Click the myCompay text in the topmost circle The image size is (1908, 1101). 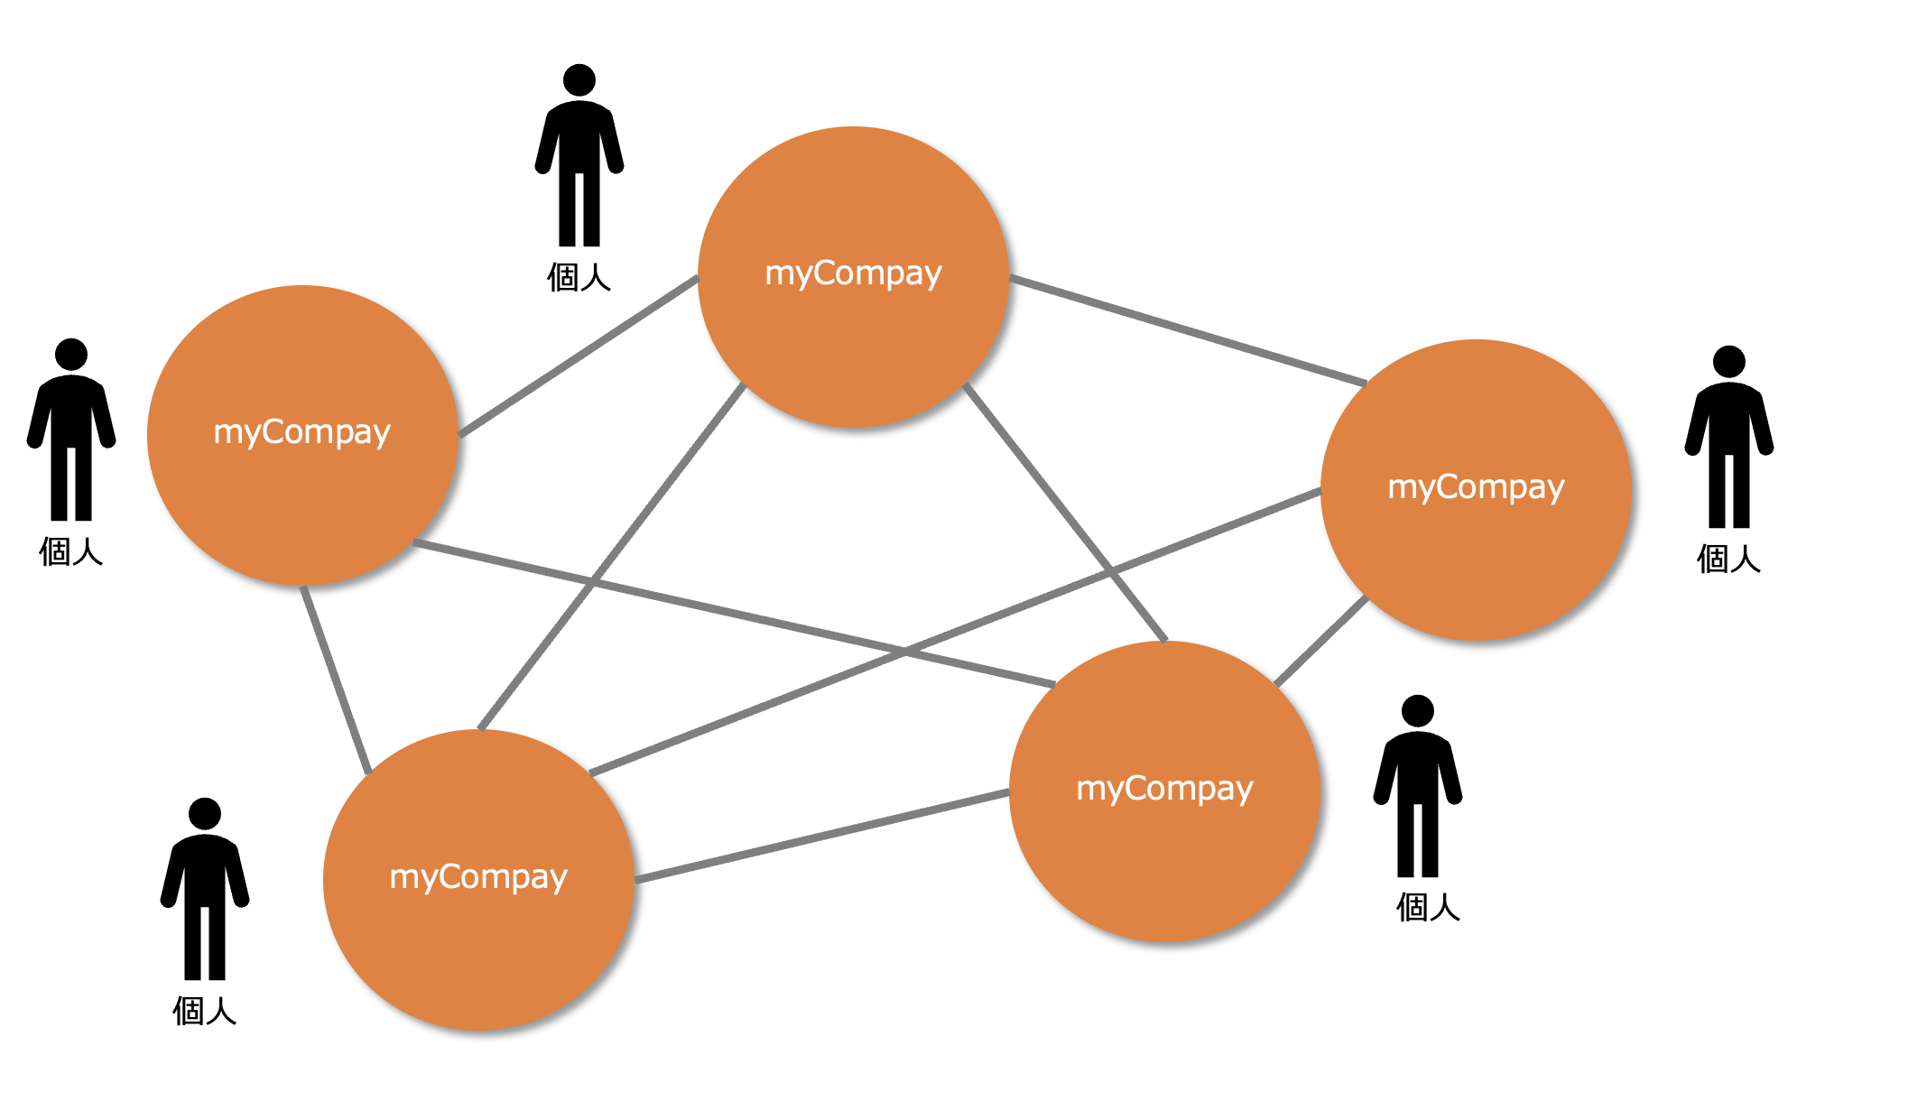853,273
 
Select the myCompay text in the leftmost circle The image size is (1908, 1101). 301,432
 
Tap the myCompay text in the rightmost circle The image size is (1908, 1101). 1476,487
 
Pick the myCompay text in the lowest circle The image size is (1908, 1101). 478,877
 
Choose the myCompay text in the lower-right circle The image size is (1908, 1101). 1164,789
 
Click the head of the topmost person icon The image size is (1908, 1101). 579,80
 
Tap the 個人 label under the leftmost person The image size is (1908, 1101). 71,551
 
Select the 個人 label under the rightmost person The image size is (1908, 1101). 1728,559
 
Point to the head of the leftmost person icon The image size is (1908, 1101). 71,355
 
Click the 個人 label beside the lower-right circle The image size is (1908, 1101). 1428,907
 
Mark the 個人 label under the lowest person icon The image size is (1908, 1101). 205,1011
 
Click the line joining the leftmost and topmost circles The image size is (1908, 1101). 579,356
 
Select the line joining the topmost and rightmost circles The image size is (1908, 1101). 1188,330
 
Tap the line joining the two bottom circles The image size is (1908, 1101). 822,836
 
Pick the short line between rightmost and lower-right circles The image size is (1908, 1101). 1321,641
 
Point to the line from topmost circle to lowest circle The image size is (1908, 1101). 612,556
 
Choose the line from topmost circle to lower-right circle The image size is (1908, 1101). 1065,512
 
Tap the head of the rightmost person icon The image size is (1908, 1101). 1728,362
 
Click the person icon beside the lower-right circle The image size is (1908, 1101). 1418,786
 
